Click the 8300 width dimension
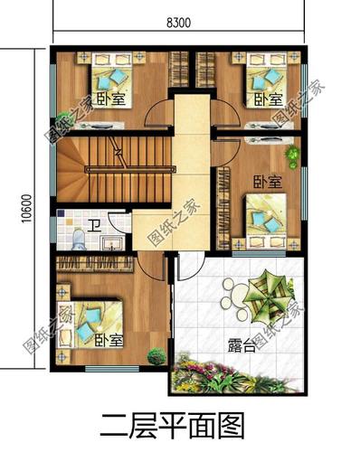point(178,23)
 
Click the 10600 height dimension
point(27,209)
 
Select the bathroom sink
point(112,243)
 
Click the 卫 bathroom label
point(95,225)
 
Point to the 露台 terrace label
point(242,345)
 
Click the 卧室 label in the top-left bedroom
point(110,99)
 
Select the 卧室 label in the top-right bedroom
point(269,99)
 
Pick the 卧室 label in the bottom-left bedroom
point(109,340)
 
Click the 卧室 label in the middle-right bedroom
point(268,182)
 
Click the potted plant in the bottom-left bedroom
point(156,356)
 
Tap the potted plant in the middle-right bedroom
point(292,155)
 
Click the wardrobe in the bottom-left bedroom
point(94,263)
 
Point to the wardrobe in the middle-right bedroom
point(223,208)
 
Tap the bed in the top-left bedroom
point(112,79)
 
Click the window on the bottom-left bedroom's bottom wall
point(112,368)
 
